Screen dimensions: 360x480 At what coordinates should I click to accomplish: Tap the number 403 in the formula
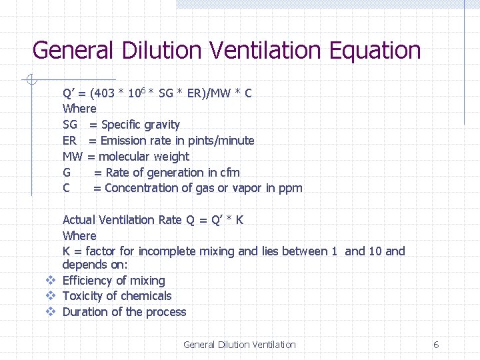pyautogui.click(x=105, y=93)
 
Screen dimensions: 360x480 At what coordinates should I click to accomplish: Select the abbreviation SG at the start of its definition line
pyautogui.click(x=70, y=125)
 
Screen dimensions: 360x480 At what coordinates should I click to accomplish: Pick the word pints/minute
pyautogui.click(x=222, y=141)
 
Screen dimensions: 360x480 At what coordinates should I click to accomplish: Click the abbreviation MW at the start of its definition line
pyautogui.click(x=72, y=157)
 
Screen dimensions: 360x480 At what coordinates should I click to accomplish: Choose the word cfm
pyautogui.click(x=229, y=173)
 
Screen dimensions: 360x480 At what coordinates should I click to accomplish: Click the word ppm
pyautogui.click(x=291, y=188)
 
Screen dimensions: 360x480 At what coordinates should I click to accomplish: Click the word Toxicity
pyautogui.click(x=84, y=296)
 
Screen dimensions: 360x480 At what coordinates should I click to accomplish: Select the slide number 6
pyautogui.click(x=436, y=345)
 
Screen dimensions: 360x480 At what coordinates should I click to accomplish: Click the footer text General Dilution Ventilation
pyautogui.click(x=239, y=345)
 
